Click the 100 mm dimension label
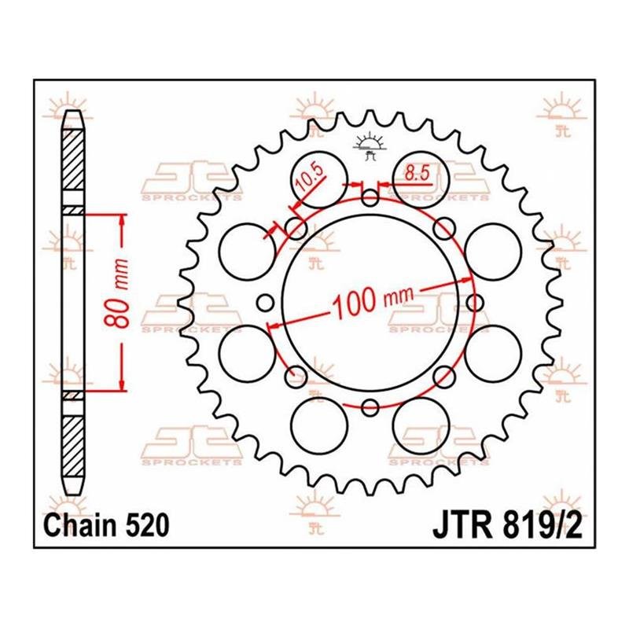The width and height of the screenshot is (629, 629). (373, 301)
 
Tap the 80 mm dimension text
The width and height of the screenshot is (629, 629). (116, 292)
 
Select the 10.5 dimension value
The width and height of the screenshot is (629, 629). (309, 178)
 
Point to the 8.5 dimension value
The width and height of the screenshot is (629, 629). (417, 174)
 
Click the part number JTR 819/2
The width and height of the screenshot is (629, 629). (507, 527)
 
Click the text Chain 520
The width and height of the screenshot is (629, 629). (106, 525)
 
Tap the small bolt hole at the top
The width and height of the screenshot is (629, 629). (370, 198)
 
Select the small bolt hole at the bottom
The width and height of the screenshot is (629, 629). (370, 407)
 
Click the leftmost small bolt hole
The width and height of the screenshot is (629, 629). (265, 303)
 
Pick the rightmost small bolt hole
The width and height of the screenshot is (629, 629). (475, 303)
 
